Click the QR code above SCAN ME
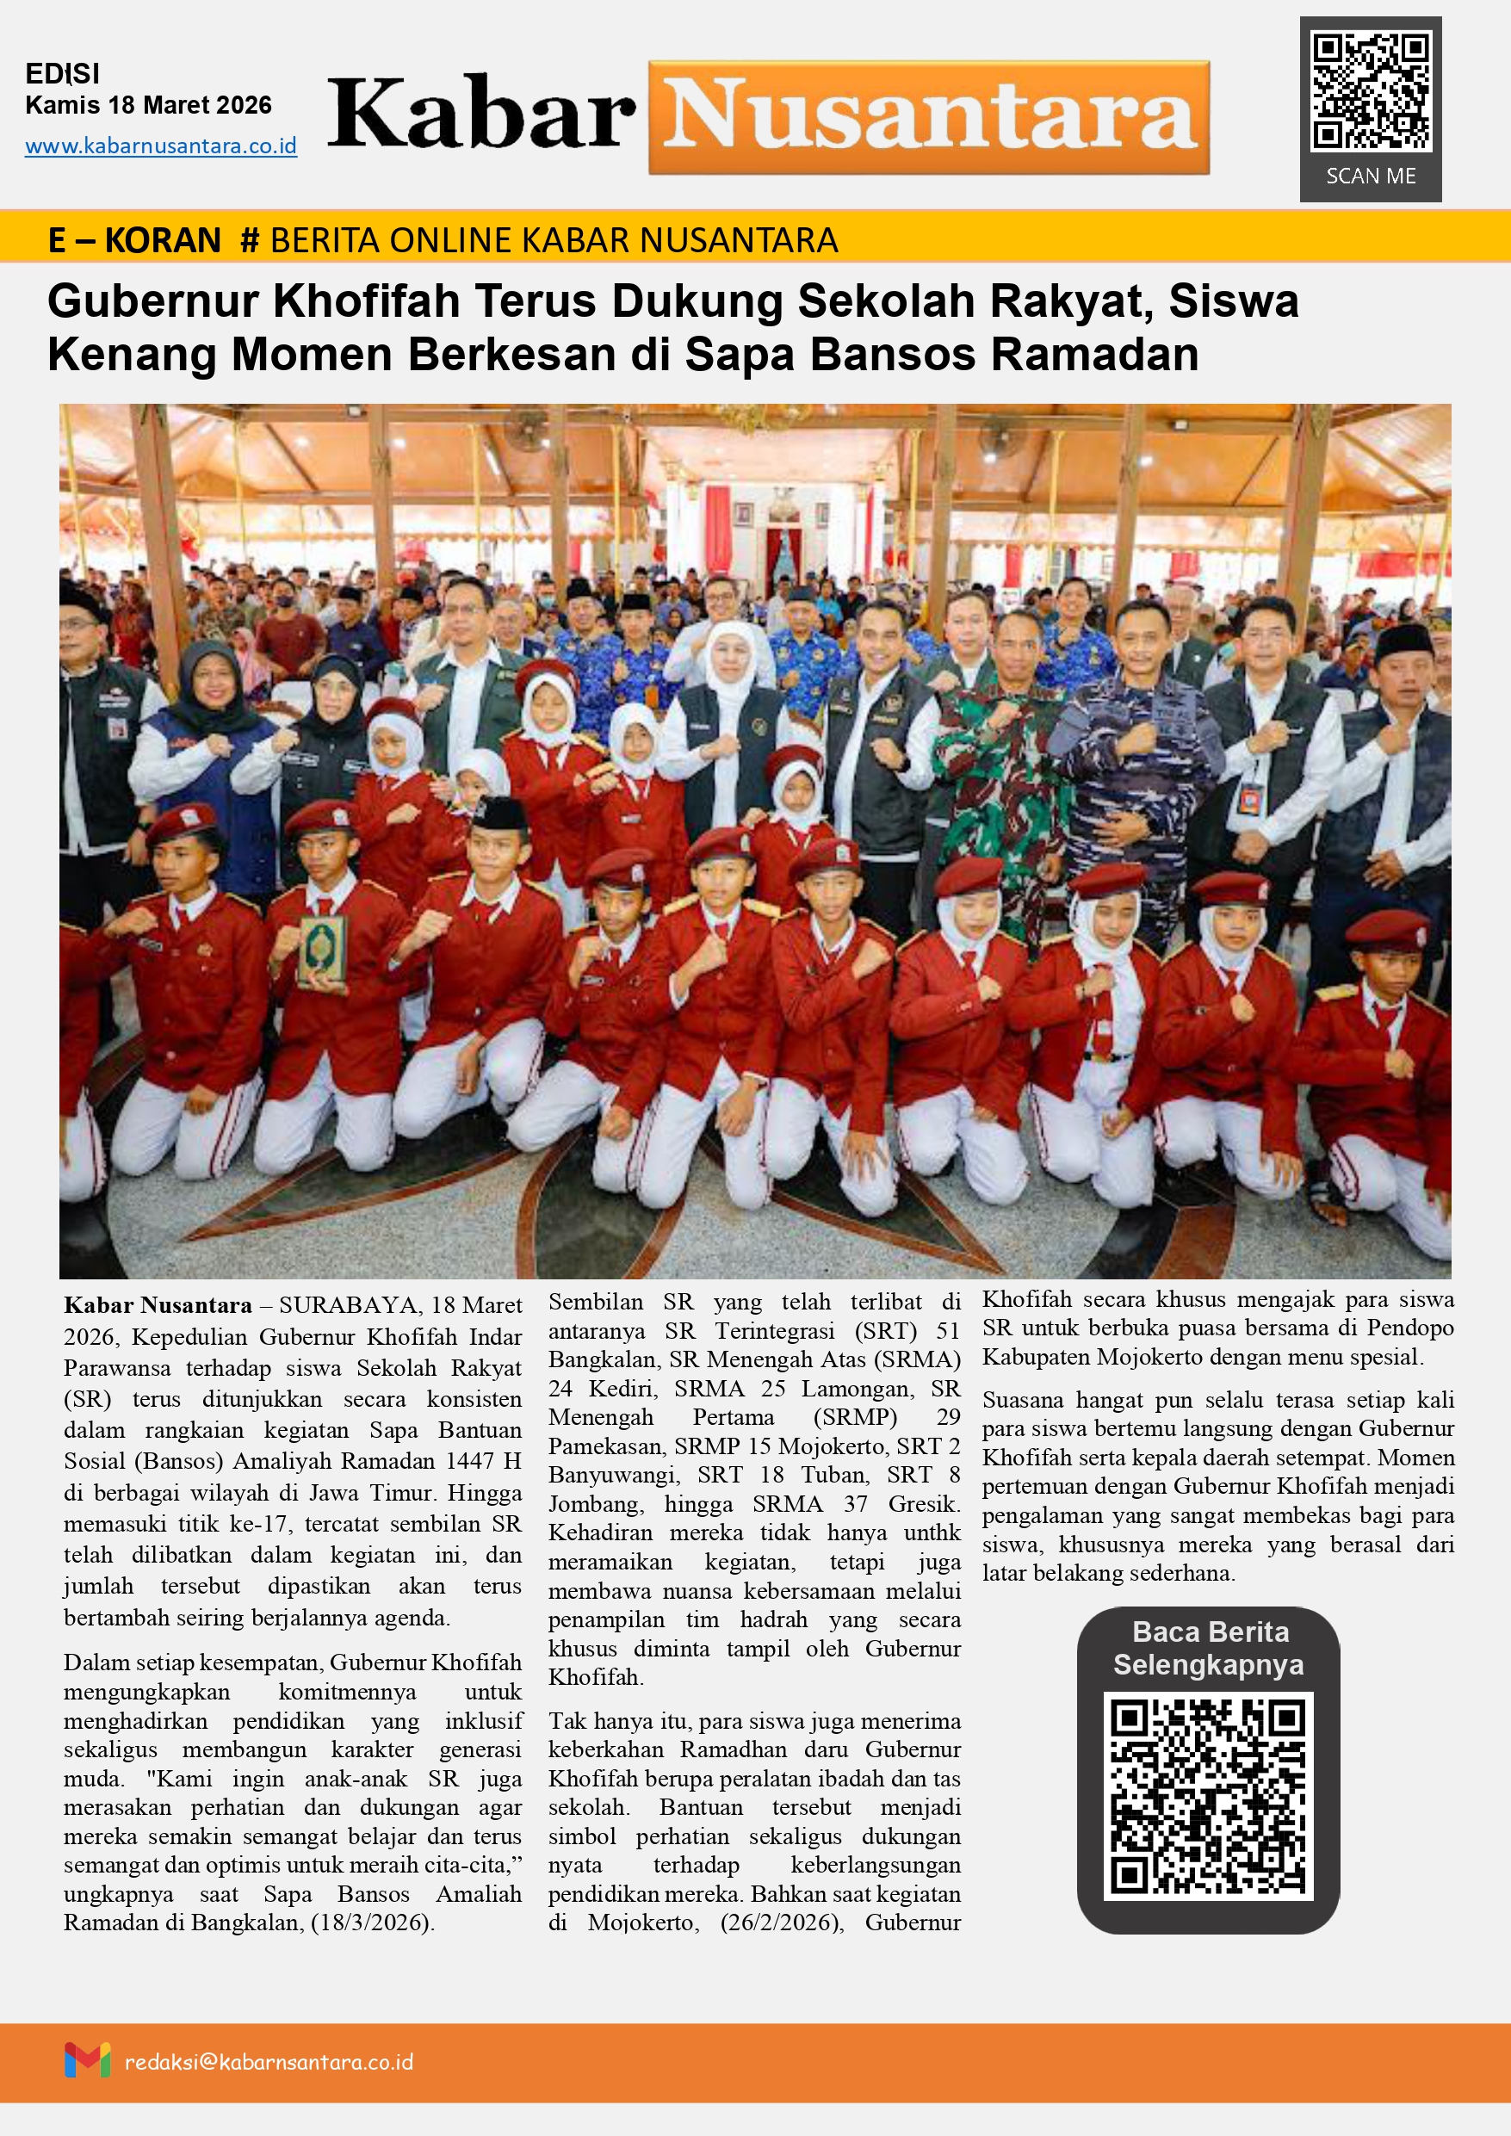[1370, 91]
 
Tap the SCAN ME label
[1371, 176]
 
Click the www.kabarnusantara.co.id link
[161, 146]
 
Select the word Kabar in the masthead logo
[481, 115]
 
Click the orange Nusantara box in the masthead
[929, 117]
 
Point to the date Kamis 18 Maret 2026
[148, 105]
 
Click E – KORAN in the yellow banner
[134, 240]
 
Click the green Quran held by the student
[322, 949]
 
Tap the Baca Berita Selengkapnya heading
[1209, 1648]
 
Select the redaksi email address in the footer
[269, 2062]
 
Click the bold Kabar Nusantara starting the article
[158, 1305]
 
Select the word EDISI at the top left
[61, 73]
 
